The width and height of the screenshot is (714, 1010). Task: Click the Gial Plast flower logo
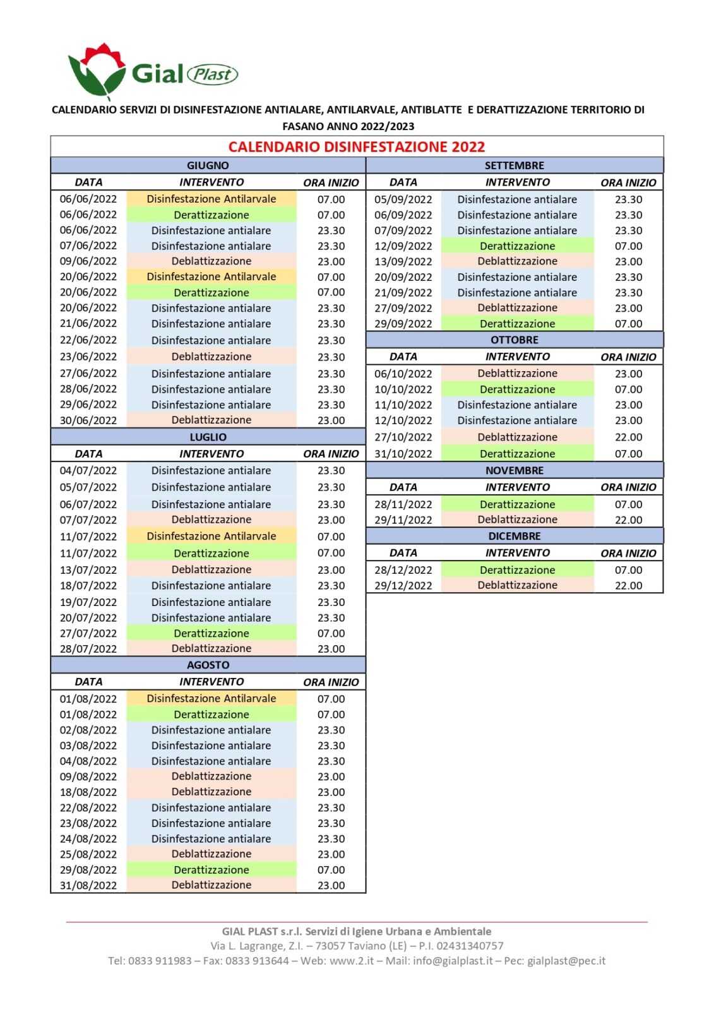(x=97, y=71)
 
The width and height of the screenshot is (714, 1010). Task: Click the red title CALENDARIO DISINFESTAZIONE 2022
(x=357, y=147)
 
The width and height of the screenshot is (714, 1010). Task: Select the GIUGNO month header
(x=208, y=165)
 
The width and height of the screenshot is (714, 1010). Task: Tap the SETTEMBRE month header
(x=514, y=165)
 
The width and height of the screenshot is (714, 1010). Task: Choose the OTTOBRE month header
(x=514, y=340)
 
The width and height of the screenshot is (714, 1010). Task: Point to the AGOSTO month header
(x=208, y=665)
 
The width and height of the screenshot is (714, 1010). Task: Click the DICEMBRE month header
(x=514, y=536)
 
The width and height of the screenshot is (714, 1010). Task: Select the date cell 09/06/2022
(x=88, y=261)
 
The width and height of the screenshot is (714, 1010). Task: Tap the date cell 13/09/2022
(x=403, y=261)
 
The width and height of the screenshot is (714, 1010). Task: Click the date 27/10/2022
(x=403, y=437)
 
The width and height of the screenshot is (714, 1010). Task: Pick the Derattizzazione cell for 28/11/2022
(x=517, y=504)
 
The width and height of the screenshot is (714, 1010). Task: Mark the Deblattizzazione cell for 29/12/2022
(x=517, y=585)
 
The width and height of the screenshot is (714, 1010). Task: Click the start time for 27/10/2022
(x=628, y=437)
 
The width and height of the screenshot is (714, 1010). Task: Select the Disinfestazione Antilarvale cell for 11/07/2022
(x=211, y=536)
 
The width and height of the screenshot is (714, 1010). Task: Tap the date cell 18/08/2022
(x=88, y=792)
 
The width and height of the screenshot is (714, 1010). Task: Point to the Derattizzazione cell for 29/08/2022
(x=211, y=870)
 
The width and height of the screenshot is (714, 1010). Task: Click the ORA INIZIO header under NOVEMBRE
(x=628, y=487)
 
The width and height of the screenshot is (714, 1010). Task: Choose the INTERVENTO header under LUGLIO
(x=211, y=454)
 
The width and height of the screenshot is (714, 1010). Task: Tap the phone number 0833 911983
(x=160, y=961)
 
